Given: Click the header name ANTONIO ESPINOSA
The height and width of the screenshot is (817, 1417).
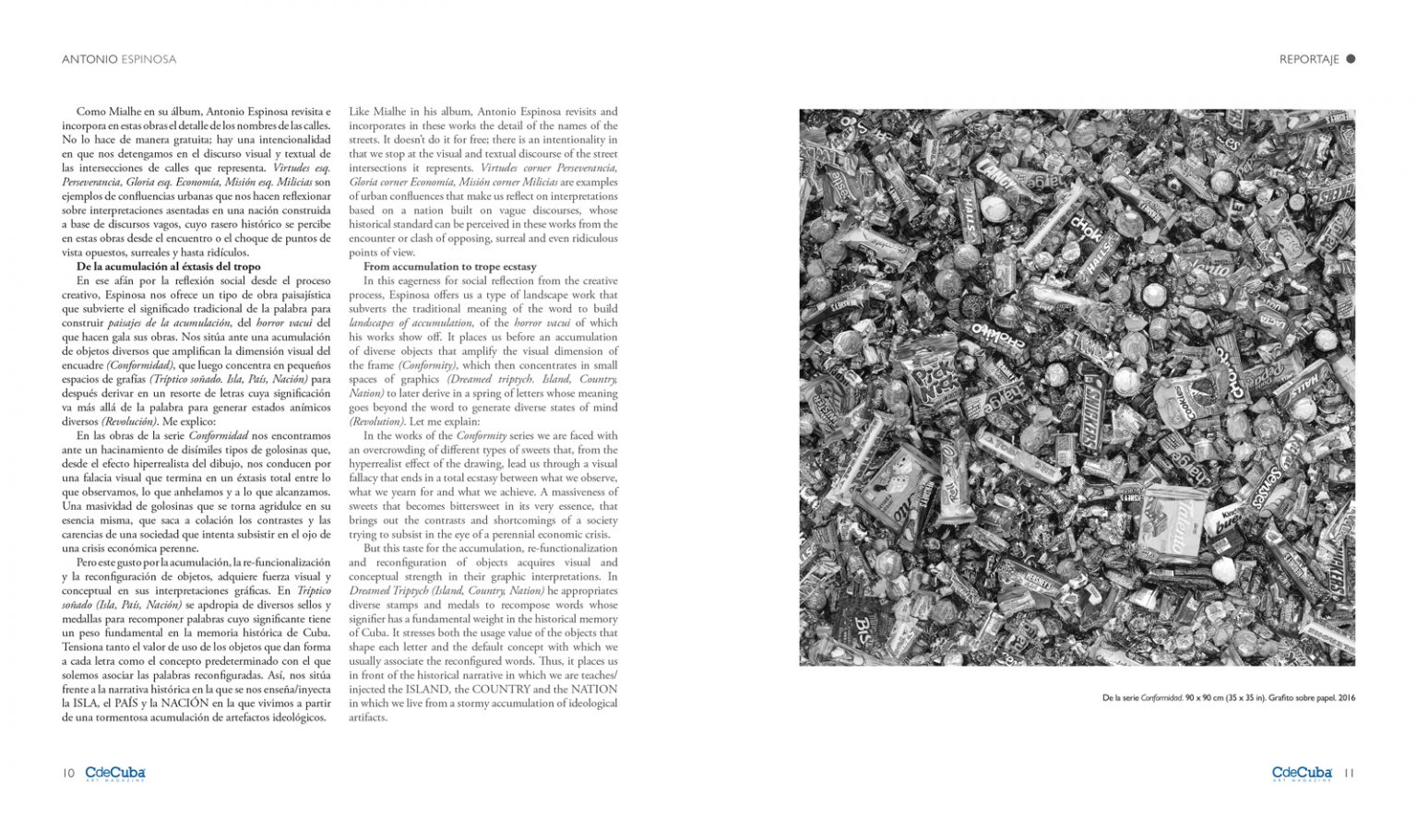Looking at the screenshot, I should click(119, 59).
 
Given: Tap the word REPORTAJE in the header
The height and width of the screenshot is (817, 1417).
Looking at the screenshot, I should click(1308, 59).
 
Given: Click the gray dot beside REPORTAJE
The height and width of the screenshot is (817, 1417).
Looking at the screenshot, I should click(1351, 59).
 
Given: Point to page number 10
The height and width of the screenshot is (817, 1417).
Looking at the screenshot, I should click(68, 774).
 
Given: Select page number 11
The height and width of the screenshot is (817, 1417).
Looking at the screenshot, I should click(1349, 774).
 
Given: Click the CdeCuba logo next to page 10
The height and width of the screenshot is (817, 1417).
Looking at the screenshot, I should click(115, 774).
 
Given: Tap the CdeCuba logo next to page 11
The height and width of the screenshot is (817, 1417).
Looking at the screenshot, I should click(1302, 774).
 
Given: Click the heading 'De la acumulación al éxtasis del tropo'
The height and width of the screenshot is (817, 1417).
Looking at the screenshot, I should click(169, 266).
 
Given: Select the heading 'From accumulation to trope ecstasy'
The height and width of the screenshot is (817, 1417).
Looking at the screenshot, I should click(449, 266).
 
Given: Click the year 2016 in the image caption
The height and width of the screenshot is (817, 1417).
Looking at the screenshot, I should click(1346, 698).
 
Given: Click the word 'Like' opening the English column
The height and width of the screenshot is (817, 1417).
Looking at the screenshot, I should click(359, 112).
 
